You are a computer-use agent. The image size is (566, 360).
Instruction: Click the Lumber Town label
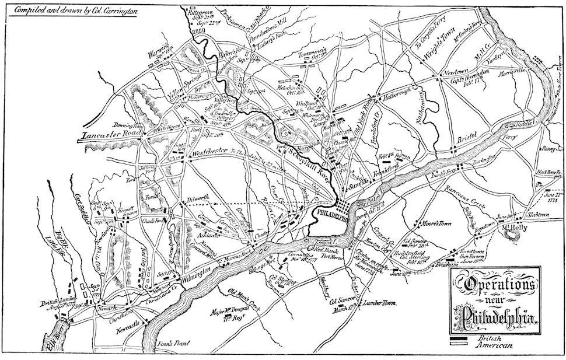[x=379, y=303]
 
